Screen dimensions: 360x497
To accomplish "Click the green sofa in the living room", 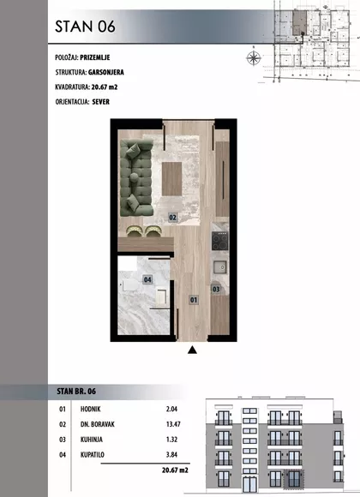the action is click(136, 178).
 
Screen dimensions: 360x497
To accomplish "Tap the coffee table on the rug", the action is click(171, 179).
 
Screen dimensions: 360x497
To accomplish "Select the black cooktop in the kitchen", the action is click(219, 241).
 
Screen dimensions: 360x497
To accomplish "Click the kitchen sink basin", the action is click(219, 267).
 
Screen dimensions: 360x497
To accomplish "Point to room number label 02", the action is click(172, 218).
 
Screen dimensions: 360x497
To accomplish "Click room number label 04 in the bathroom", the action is click(147, 279).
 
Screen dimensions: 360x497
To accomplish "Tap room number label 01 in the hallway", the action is click(194, 300).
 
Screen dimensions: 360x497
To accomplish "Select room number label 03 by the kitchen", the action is click(216, 289).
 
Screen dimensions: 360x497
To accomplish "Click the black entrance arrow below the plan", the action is click(192, 350).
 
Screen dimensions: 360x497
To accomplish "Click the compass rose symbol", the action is click(254, 57).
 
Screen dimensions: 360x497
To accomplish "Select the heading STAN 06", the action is click(85, 27).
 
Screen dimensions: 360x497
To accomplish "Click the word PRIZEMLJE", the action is click(95, 57).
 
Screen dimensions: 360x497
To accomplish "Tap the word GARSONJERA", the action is click(106, 72).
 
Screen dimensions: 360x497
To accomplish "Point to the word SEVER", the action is click(101, 102).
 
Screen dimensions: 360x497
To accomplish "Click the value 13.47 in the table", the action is click(173, 424).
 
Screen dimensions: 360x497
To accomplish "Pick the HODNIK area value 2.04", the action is click(171, 409).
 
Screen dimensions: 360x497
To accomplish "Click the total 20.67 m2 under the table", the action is click(175, 470).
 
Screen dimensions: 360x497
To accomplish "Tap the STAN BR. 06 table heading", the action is click(76, 391).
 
